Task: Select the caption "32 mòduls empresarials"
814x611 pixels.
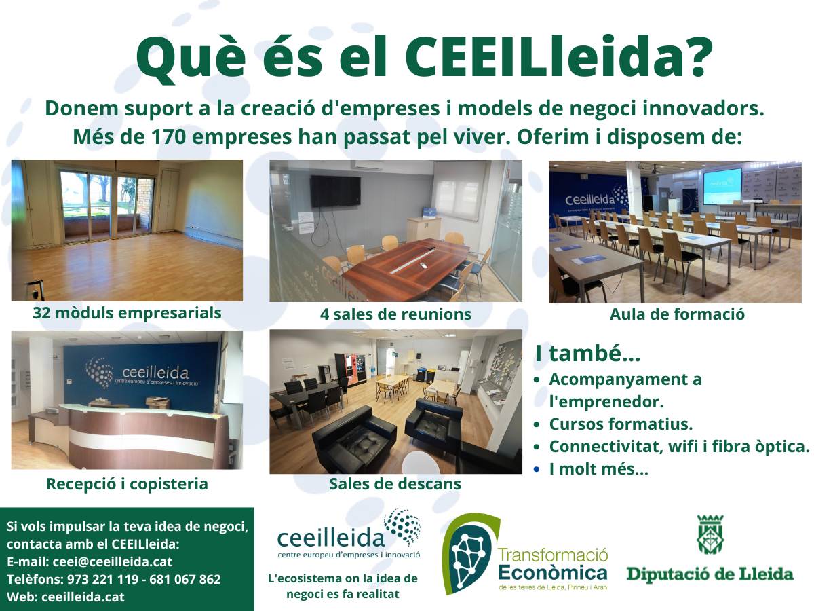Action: (x=127, y=313)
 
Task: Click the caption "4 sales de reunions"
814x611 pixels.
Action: (x=395, y=314)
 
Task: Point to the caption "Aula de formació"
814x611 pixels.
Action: (x=677, y=314)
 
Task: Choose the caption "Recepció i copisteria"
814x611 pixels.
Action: (x=127, y=484)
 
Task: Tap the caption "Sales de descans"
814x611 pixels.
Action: (x=395, y=484)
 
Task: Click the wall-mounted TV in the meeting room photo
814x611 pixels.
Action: (x=335, y=191)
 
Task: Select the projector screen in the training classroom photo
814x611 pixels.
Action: (x=722, y=185)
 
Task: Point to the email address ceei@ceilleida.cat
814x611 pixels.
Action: (x=113, y=561)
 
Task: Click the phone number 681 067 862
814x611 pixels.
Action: (x=185, y=579)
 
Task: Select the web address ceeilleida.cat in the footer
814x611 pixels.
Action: (x=83, y=597)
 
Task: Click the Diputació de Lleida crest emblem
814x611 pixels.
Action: (x=710, y=534)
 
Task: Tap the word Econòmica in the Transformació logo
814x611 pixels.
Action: (x=553, y=573)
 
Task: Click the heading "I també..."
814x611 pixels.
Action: (x=588, y=353)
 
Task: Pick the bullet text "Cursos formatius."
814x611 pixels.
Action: (x=621, y=424)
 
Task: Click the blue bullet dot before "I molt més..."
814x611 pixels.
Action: (x=537, y=469)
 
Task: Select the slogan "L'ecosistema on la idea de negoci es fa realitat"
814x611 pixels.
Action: (x=343, y=586)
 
